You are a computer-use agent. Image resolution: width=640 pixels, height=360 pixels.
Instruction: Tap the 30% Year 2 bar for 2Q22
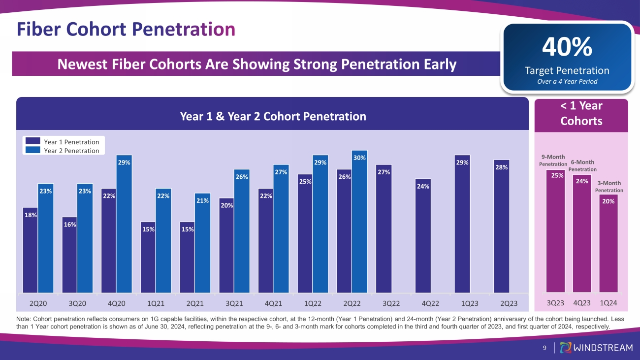pos(360,222)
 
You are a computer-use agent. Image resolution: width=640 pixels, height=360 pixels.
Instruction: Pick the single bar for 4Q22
pos(423,236)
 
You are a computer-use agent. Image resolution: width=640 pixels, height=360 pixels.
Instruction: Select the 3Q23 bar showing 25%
pos(555,231)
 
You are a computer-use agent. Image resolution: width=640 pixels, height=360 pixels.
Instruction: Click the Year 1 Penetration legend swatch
pos(32,142)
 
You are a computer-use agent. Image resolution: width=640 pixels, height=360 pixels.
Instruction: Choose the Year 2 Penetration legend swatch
pos(32,150)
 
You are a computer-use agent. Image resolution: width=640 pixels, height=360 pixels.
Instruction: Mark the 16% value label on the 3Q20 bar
pos(69,225)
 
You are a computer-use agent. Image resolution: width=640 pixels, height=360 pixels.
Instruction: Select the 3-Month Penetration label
pos(609,186)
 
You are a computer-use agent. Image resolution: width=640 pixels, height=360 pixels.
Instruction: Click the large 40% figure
pos(567,47)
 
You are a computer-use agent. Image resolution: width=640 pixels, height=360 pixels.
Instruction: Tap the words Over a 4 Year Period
pos(567,81)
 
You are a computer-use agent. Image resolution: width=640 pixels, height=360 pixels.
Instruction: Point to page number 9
pos(544,348)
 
